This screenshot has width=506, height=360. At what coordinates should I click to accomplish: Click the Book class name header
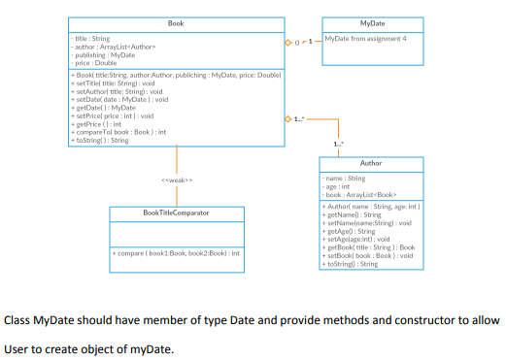176,22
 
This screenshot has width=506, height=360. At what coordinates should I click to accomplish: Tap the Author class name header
370,163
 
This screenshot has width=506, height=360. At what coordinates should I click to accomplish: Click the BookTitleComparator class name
176,211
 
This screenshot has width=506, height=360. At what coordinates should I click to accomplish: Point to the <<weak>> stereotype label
176,180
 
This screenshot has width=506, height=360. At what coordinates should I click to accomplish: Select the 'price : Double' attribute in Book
95,62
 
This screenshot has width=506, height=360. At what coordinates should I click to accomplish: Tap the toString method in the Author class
350,264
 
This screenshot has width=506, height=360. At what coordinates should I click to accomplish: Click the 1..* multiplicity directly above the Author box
337,146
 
